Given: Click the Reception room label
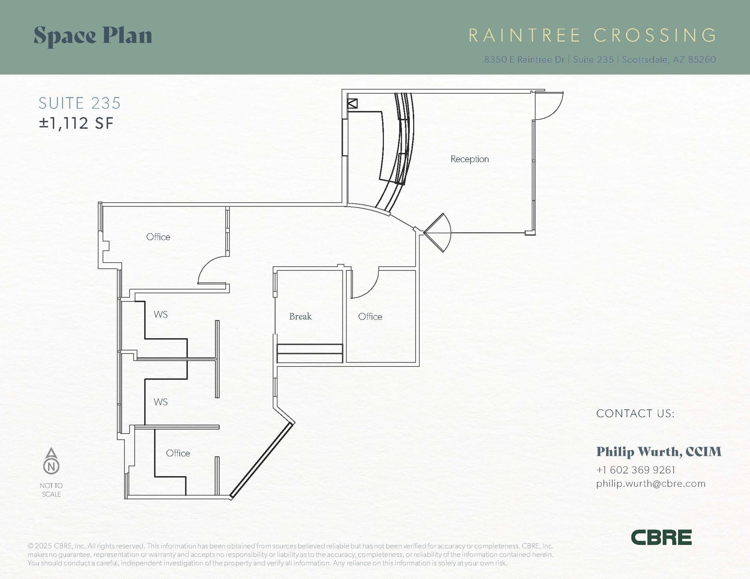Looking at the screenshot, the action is tap(469, 159).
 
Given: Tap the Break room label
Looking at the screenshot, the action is tap(300, 316).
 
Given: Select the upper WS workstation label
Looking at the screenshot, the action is tap(160, 315).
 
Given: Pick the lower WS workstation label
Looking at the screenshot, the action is tap(160, 402).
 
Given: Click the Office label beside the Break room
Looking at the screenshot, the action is tap(370, 317).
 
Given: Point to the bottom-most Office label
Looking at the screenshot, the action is tap(178, 453).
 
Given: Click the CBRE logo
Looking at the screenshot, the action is tap(661, 537).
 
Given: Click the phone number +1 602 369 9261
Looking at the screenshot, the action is tap(636, 470).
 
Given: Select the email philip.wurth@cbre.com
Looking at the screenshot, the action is tap(651, 484).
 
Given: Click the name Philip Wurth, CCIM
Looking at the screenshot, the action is tap(659, 452).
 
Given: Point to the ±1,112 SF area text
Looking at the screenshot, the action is tap(76, 123).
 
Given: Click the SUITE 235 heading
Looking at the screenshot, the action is tap(79, 103).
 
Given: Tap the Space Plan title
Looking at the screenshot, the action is tap(93, 36).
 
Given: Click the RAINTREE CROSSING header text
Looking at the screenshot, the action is tap(592, 35).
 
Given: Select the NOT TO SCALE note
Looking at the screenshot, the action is tap(51, 490).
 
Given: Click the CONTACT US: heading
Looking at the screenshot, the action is tap(635, 414).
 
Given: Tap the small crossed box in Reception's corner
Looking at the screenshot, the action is tap(352, 104).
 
